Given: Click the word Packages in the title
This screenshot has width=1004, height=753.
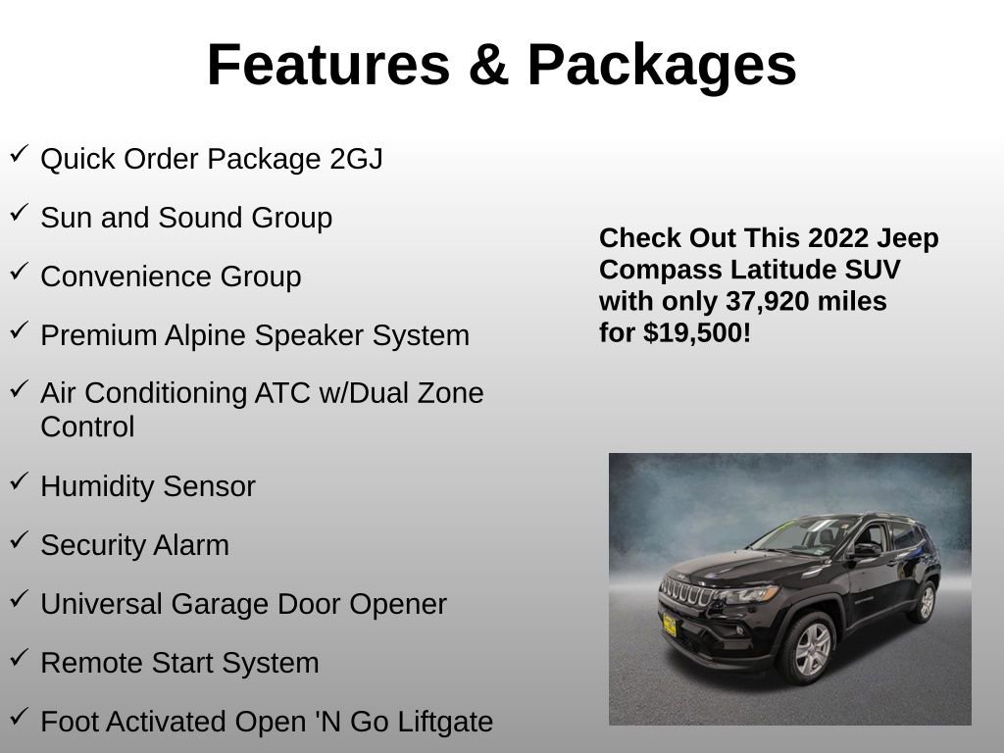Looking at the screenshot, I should click(x=661, y=66).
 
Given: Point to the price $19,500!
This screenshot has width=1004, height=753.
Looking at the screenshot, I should click(x=697, y=332).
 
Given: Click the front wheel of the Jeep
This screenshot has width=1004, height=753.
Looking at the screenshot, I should click(x=810, y=648).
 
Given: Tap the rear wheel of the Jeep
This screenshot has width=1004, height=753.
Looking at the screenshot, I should click(x=925, y=602).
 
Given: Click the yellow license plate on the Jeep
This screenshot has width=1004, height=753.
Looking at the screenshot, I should click(x=669, y=625).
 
